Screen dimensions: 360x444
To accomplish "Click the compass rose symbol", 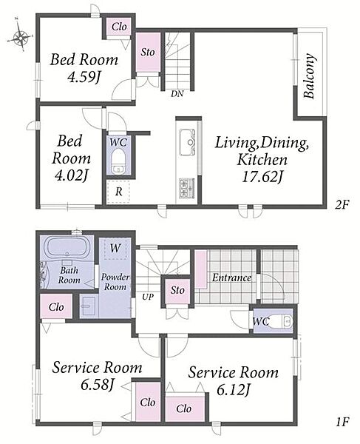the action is [x=21, y=37].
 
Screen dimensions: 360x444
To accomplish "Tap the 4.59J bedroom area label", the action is [x=84, y=76].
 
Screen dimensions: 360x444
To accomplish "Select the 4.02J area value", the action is [x=71, y=175].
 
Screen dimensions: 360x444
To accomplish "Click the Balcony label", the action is [x=310, y=76].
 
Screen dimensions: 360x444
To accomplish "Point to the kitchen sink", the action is [x=188, y=142].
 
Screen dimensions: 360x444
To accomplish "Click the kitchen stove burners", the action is [x=187, y=188].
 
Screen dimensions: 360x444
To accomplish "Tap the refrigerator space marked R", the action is [x=119, y=192].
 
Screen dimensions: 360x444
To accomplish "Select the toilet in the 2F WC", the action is [x=118, y=161].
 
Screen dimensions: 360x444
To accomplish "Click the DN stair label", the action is [x=177, y=93].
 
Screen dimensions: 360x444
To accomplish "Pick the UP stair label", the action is [x=148, y=297].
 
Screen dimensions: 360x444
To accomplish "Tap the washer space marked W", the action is [x=115, y=249].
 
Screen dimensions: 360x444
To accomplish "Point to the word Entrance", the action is [x=232, y=277].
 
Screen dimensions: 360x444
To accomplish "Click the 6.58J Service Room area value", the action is [x=98, y=385].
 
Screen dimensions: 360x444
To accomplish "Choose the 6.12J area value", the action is [x=234, y=391].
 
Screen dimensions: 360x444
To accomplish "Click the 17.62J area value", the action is [x=262, y=177].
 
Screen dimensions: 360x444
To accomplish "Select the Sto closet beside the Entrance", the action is [x=177, y=290].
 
